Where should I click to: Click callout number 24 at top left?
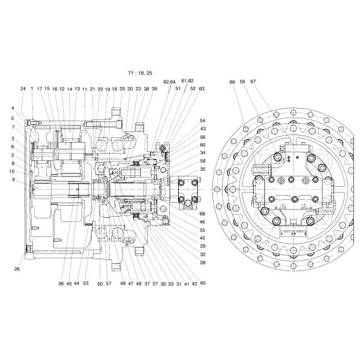pyautogui.click(x=23, y=89)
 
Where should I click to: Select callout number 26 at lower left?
pyautogui.click(x=17, y=269)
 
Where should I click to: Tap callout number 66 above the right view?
pyautogui.click(x=232, y=82)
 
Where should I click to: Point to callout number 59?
pyautogui.click(x=242, y=82)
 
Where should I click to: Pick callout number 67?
pyautogui.click(x=253, y=82)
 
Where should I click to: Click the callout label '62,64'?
pyautogui.click(x=169, y=82)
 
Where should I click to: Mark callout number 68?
pyautogui.click(x=202, y=214)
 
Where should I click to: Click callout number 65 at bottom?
pyautogui.click(x=203, y=283)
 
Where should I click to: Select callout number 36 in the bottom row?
pyautogui.click(x=61, y=283)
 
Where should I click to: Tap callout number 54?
pyautogui.click(x=203, y=121)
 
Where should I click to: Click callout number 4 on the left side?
pyautogui.click(x=12, y=108)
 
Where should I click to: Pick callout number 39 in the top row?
pyautogui.click(x=154, y=89)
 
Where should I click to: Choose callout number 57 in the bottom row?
pyautogui.click(x=108, y=283)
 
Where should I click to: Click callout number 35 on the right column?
pyautogui.click(x=203, y=169)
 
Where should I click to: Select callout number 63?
pyautogui.click(x=202, y=89)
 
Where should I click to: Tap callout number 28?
pyautogui.click(x=203, y=262)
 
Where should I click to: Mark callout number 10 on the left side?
pyautogui.click(x=12, y=171)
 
